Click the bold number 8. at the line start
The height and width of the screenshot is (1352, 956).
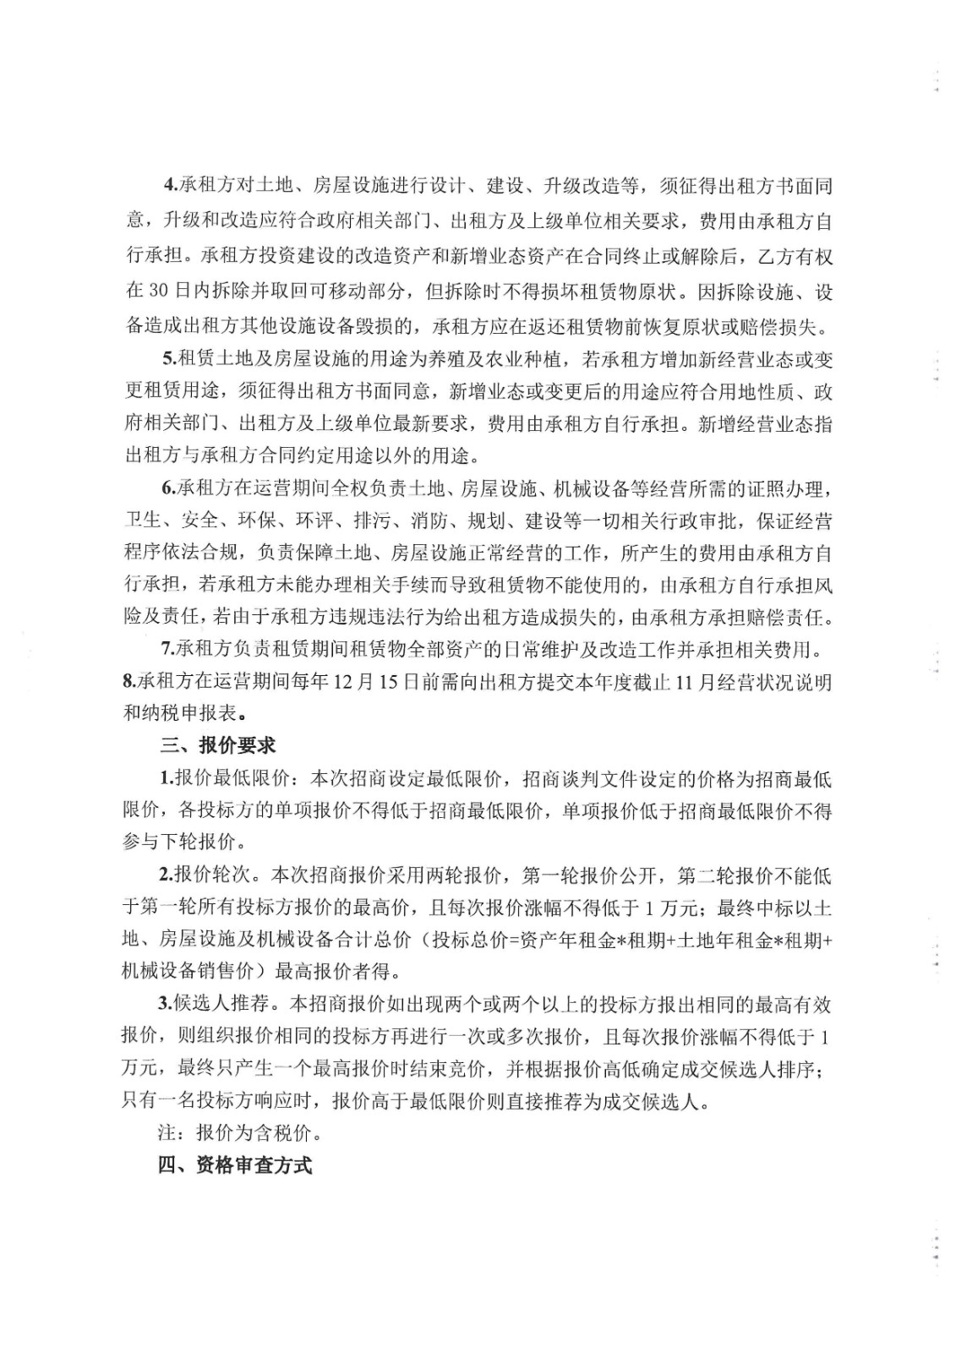pyautogui.click(x=129, y=681)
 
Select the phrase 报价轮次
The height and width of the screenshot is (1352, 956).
pyautogui.click(x=211, y=875)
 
